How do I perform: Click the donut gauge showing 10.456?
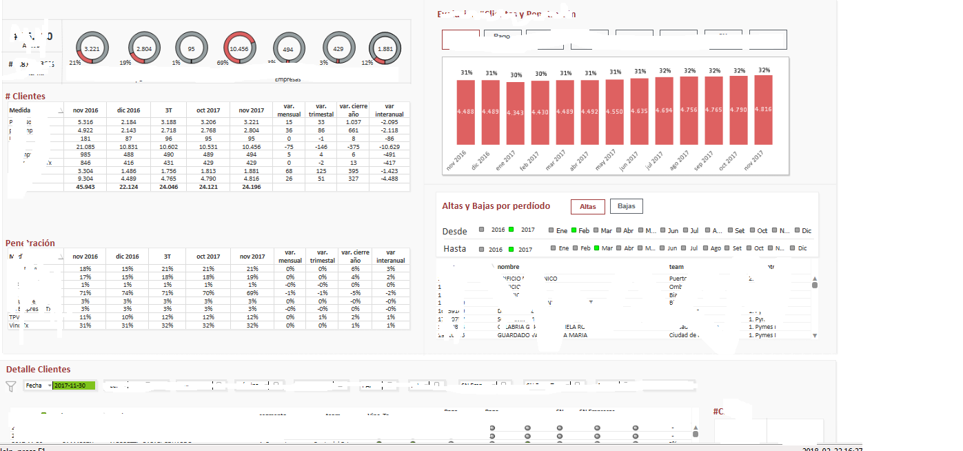239,49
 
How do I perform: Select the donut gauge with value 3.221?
92,49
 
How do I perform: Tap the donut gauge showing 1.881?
385,49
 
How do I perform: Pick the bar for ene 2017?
515,113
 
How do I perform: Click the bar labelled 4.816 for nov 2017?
763,110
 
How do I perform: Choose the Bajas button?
626,206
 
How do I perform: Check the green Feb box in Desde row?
574,230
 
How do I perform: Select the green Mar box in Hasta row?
597,248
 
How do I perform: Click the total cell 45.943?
85,187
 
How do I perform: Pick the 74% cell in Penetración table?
128,292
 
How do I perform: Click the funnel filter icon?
11,386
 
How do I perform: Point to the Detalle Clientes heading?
38,370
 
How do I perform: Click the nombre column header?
508,267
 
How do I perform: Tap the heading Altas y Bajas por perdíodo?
496,206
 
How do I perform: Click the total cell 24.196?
251,187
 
